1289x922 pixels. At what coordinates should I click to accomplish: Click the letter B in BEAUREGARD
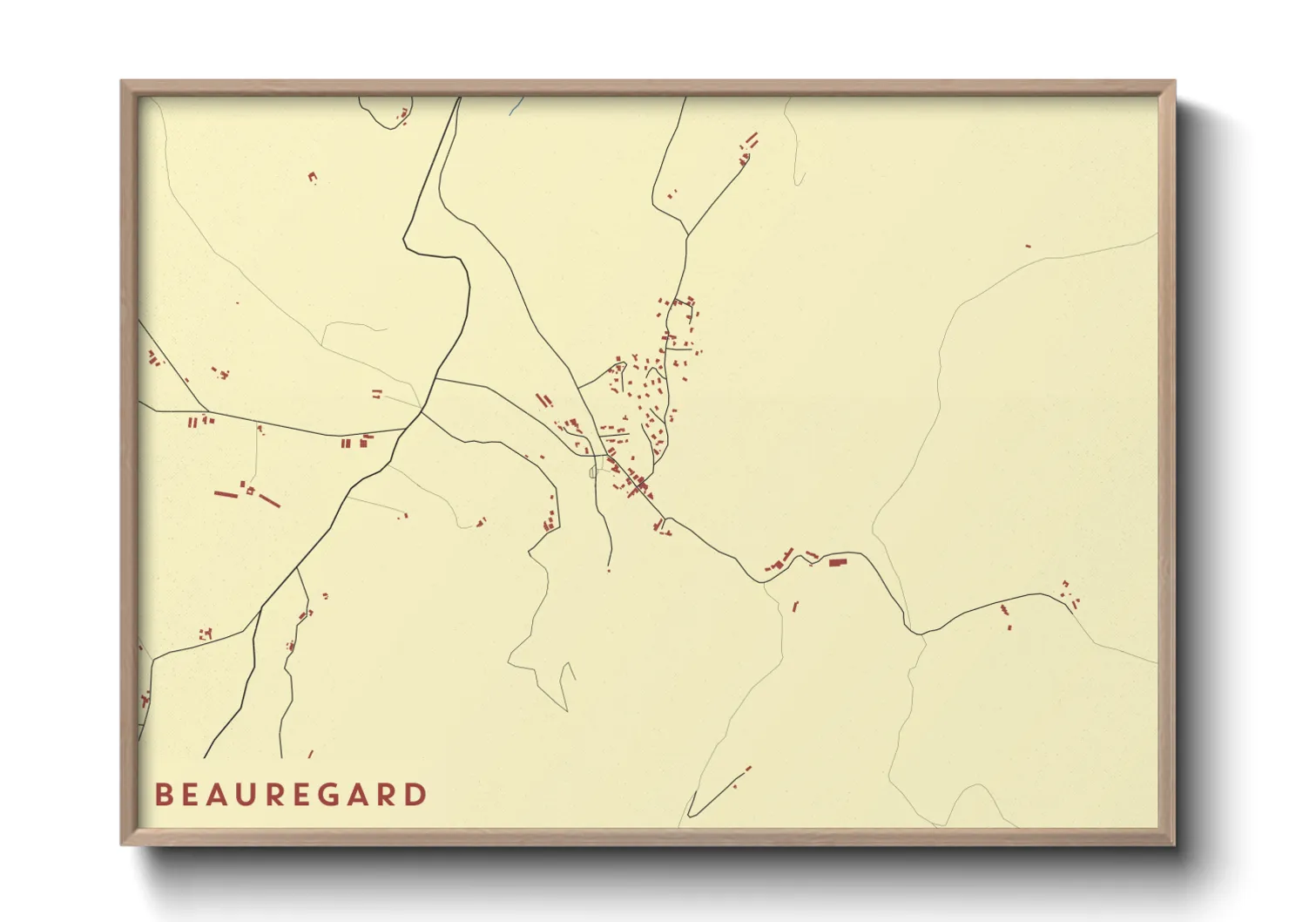tap(163, 795)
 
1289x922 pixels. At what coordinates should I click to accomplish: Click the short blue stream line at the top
tap(516, 107)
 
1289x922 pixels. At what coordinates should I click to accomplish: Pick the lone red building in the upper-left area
tap(312, 177)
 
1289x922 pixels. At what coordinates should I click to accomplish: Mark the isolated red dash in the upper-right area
tap(1028, 246)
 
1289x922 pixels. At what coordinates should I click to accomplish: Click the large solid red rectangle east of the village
tap(838, 563)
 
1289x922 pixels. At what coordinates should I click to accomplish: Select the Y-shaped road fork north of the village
tap(688, 234)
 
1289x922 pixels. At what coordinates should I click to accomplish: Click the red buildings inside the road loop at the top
tap(402, 114)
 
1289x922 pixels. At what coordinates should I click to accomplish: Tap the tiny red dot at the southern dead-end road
tap(609, 570)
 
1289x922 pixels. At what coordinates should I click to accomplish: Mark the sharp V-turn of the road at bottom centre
tap(690, 815)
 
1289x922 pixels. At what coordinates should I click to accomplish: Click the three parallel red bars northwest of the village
tap(543, 400)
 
